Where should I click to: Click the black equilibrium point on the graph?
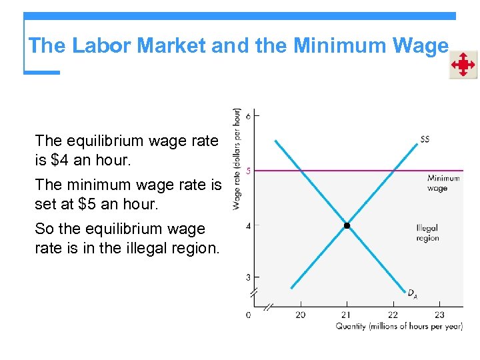pyautogui.click(x=347, y=226)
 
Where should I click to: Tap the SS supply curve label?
pyautogui.click(x=425, y=139)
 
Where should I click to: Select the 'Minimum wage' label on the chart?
pyautogui.click(x=443, y=183)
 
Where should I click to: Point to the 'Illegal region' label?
pyautogui.click(x=427, y=233)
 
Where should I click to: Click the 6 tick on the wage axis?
pyautogui.click(x=248, y=116)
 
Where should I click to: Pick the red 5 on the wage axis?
pyautogui.click(x=248, y=171)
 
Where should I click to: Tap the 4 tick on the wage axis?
pyautogui.click(x=248, y=226)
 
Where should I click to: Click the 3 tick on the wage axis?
pyautogui.click(x=248, y=277)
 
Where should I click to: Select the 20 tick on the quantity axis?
pyautogui.click(x=300, y=314)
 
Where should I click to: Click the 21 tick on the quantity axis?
pyautogui.click(x=347, y=314)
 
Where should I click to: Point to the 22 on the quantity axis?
pyautogui.click(x=393, y=314)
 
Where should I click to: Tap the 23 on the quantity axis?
pyautogui.click(x=439, y=314)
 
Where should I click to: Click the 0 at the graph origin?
pyautogui.click(x=248, y=314)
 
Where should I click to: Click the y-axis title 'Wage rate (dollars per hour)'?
pyautogui.click(x=236, y=159)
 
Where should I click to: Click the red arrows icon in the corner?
pyautogui.click(x=463, y=65)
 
